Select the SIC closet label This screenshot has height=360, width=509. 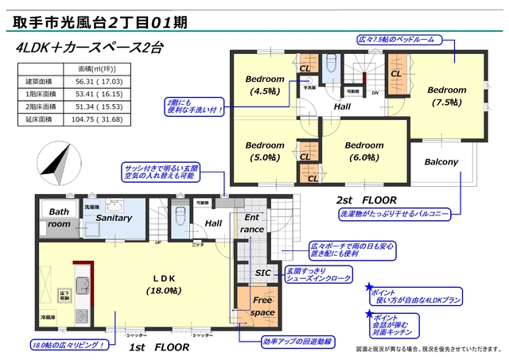(262, 273)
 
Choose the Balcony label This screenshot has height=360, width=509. (441, 162)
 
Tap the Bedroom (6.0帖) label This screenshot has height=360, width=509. (364, 151)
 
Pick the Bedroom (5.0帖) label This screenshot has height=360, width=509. (264, 151)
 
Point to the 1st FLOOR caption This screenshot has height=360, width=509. (159, 348)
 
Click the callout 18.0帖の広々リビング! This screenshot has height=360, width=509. (69, 345)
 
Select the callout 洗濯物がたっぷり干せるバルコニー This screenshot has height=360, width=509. (394, 215)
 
